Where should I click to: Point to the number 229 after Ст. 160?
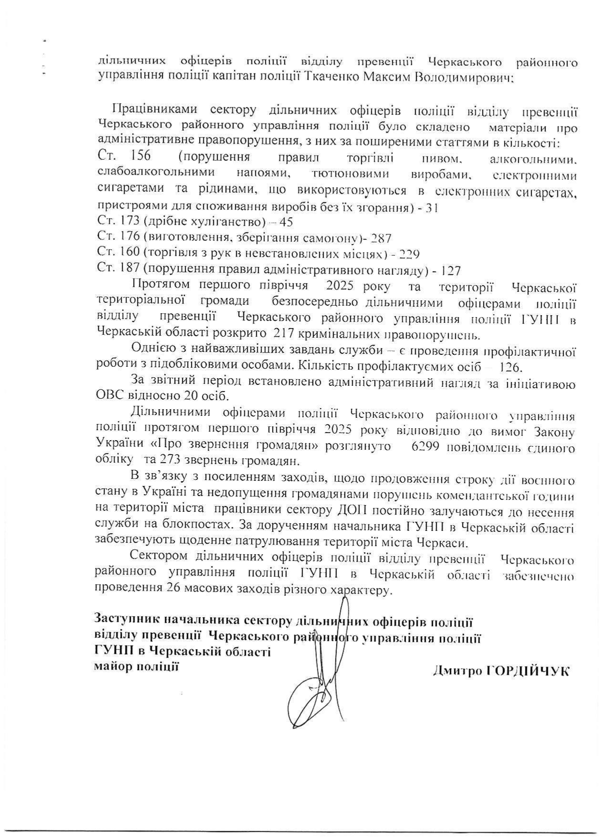[409, 254]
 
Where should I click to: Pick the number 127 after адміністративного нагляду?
[451, 270]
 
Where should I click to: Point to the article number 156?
[140, 156]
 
